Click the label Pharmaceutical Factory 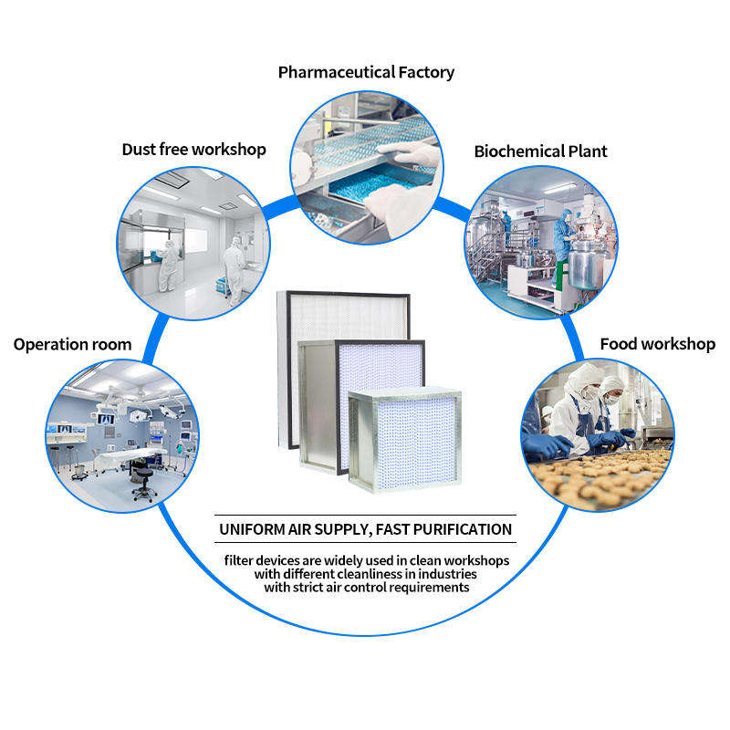[366, 72]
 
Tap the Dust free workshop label [193, 149]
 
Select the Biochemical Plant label [540, 151]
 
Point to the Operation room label [72, 345]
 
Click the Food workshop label [657, 344]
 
